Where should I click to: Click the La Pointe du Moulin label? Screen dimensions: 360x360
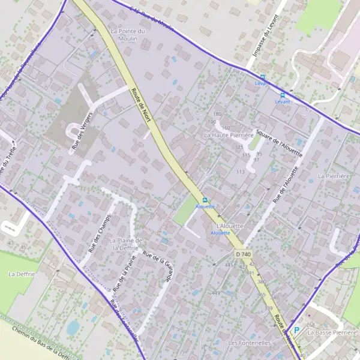coord(128,34)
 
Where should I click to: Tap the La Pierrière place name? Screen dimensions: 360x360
coord(334,176)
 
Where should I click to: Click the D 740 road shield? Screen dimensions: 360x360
coord(242,254)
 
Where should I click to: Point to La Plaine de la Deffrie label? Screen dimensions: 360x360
coord(125,244)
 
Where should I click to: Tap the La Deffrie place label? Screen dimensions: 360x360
coord(22,274)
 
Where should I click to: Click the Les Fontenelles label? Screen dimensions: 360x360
coord(249,343)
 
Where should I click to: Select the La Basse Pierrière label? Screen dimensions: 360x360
coord(332,332)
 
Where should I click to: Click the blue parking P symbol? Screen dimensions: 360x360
coord(296,329)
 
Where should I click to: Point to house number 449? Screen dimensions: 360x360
coord(215,293)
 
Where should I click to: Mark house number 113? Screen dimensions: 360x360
coord(241,172)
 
